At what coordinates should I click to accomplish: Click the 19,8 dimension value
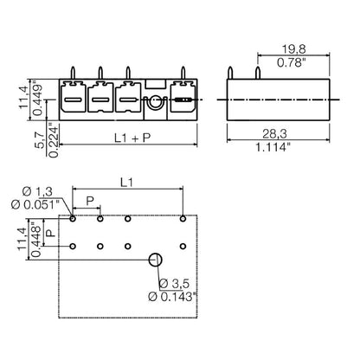(x=293, y=49)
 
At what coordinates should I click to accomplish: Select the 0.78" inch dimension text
(x=292, y=62)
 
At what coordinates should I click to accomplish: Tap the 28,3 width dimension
(x=274, y=134)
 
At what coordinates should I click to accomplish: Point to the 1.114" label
(x=273, y=147)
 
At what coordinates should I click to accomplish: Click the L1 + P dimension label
(x=132, y=138)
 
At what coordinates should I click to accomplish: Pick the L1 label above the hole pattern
(x=126, y=183)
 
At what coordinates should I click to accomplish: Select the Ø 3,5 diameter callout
(x=174, y=284)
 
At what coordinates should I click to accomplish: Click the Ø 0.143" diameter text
(x=172, y=297)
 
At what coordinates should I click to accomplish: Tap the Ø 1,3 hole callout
(x=37, y=191)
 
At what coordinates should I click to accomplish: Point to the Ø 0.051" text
(x=35, y=204)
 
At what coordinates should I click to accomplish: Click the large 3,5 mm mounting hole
(x=155, y=260)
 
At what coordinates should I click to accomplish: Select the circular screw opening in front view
(x=156, y=102)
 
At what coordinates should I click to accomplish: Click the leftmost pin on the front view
(x=73, y=73)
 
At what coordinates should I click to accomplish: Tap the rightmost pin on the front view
(x=183, y=73)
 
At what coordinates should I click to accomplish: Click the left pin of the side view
(x=230, y=73)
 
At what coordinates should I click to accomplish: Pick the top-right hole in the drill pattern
(x=183, y=219)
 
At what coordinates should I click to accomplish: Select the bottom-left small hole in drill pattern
(x=73, y=247)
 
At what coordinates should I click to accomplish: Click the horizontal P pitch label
(x=90, y=201)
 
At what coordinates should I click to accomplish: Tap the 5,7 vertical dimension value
(x=41, y=140)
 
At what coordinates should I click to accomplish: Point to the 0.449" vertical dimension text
(x=37, y=100)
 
